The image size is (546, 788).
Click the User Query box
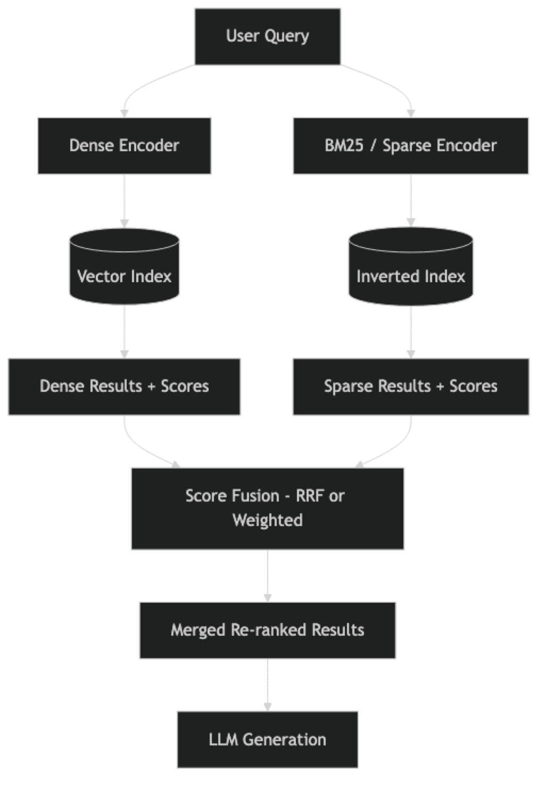pos(267,36)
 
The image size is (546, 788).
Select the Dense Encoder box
pos(124,145)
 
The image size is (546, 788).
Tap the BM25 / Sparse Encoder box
pos(411,145)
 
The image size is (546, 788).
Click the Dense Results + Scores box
pos(124,386)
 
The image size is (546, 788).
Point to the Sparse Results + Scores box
pos(411,386)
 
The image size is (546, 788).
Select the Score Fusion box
pos(267,508)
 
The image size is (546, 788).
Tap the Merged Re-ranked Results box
pos(267,630)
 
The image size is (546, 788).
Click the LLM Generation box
pos(267,739)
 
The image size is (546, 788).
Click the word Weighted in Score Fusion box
pos(267,520)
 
